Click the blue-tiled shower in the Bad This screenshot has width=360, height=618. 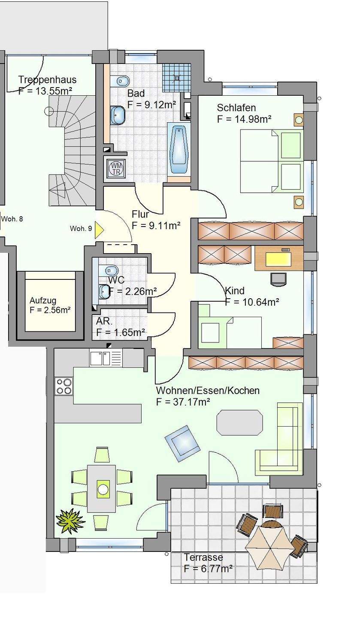(x=176, y=78)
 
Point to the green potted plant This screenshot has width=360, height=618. (x=70, y=521)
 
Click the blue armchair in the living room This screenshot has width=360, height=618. (x=182, y=443)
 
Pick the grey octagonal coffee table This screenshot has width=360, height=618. (x=239, y=422)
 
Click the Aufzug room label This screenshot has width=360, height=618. (x=43, y=300)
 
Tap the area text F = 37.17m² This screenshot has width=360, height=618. (x=183, y=402)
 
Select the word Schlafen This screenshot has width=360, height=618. (x=236, y=108)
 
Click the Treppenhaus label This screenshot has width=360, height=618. (x=47, y=80)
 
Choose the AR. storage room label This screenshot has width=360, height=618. (x=104, y=321)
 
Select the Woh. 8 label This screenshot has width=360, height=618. (x=12, y=219)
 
